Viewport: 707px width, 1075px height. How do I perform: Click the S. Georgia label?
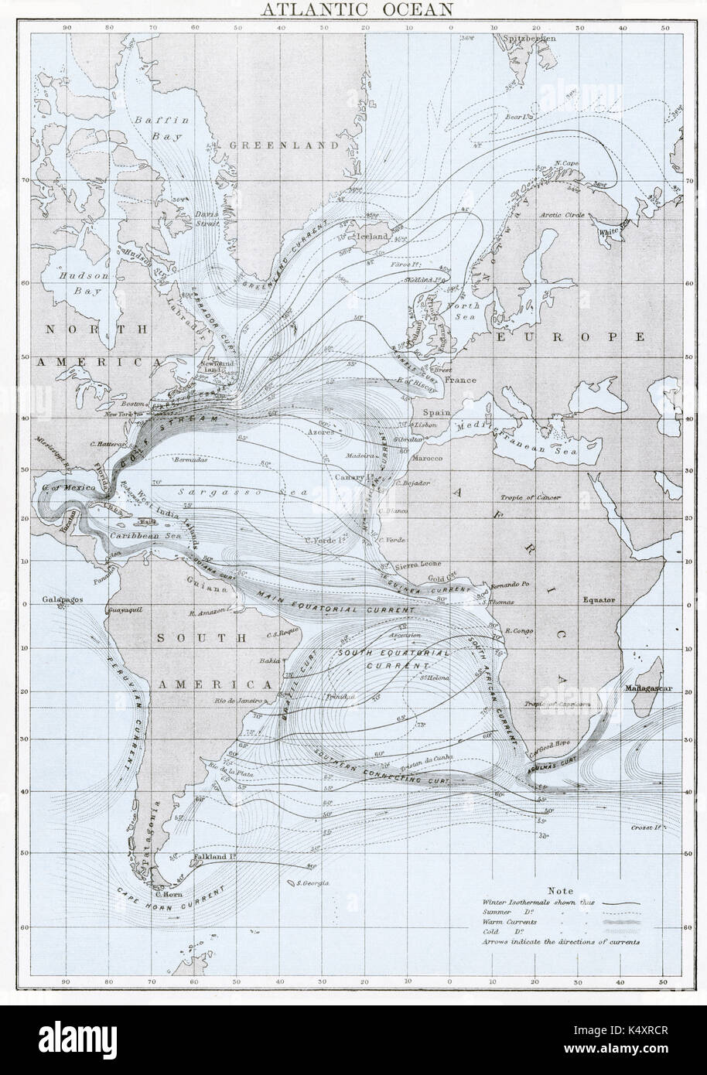313,882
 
